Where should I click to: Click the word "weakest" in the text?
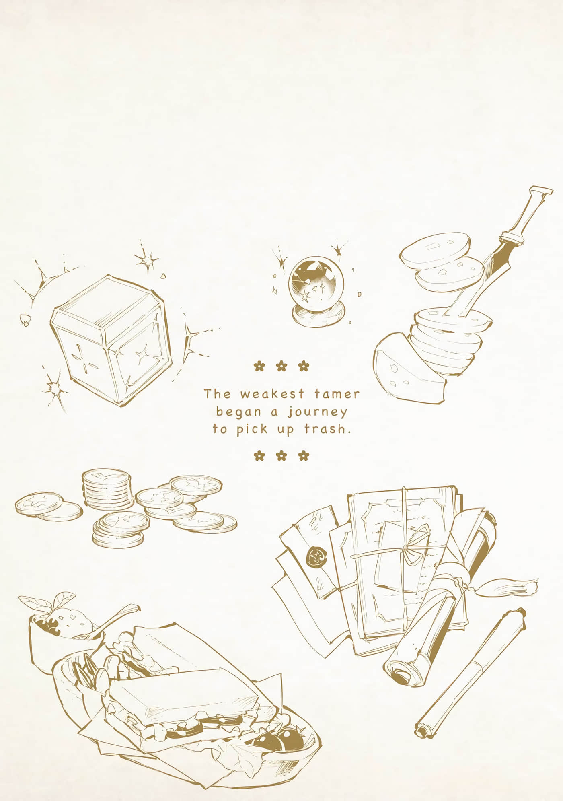[x=271, y=394]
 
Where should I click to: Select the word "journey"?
[x=317, y=413]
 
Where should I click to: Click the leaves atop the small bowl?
[x=48, y=602]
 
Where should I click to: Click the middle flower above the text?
[x=281, y=366]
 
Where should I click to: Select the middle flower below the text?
[x=281, y=455]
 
